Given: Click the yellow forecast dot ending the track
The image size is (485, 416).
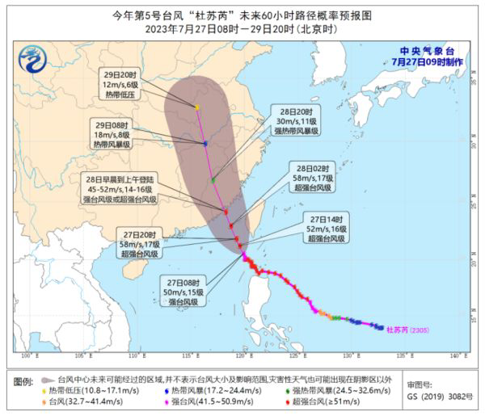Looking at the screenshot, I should [x=197, y=107].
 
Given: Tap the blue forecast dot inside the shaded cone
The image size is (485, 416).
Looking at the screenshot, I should [x=205, y=144].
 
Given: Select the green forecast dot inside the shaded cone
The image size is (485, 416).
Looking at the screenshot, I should [x=213, y=179].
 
